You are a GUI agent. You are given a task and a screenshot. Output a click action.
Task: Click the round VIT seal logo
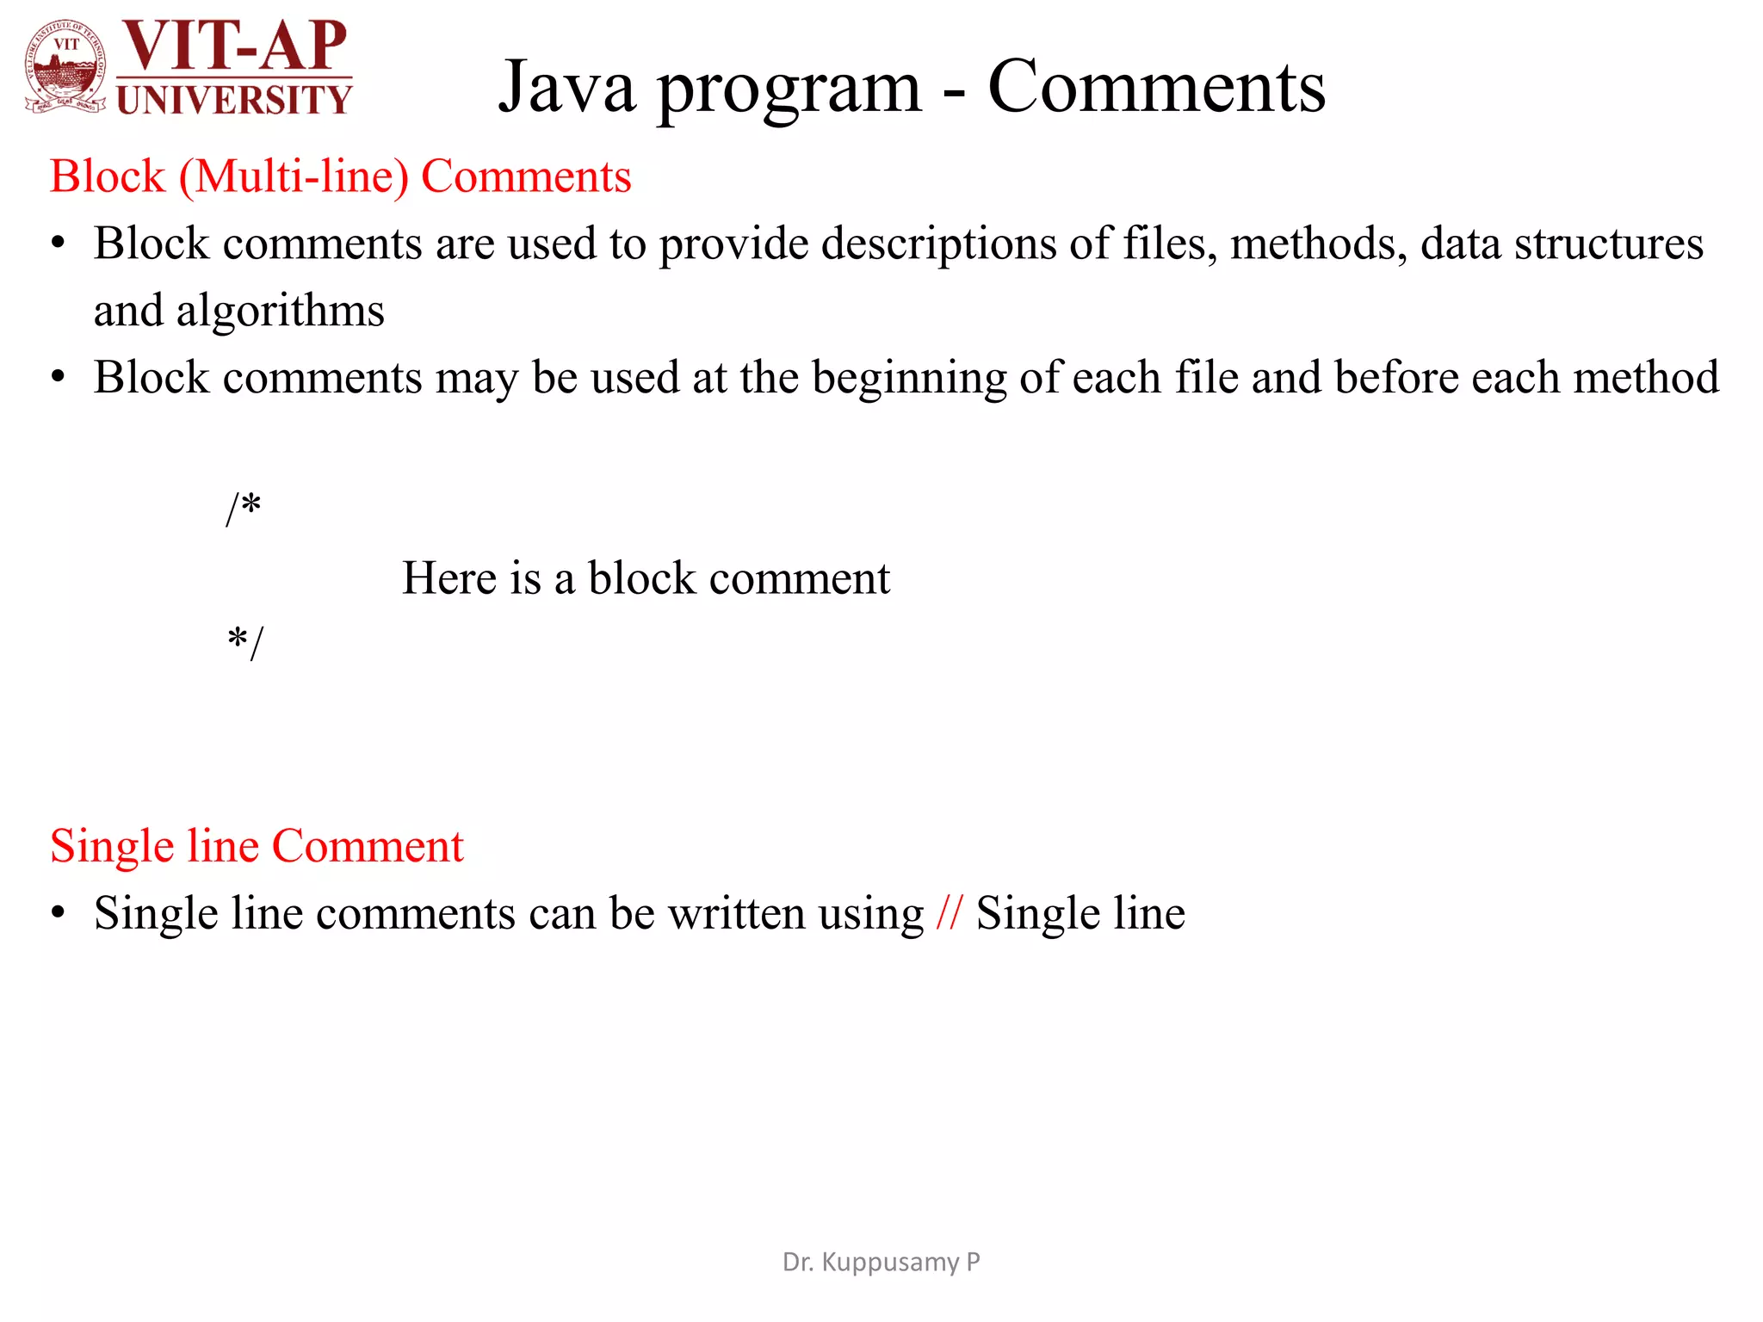(x=65, y=67)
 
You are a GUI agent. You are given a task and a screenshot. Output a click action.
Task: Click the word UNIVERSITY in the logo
(x=234, y=100)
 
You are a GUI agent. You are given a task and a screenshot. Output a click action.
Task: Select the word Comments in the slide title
(x=1156, y=87)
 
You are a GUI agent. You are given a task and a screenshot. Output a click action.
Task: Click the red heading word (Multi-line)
(x=294, y=177)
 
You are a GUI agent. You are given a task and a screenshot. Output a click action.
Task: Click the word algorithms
(x=281, y=311)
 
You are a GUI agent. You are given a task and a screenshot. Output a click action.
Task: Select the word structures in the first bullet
(x=1608, y=244)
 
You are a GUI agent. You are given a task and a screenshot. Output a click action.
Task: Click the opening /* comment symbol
(x=244, y=508)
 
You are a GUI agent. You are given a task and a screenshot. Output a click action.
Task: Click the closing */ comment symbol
(x=245, y=642)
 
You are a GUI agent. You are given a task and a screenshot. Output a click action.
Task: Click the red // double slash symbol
(x=950, y=913)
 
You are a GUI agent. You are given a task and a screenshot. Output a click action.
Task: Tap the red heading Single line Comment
(x=257, y=846)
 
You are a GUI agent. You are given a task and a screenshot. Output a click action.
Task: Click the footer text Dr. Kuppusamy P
(x=881, y=1262)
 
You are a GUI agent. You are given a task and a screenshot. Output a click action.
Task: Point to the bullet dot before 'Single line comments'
(x=58, y=913)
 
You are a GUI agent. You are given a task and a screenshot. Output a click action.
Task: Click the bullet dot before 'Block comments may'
(x=58, y=378)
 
